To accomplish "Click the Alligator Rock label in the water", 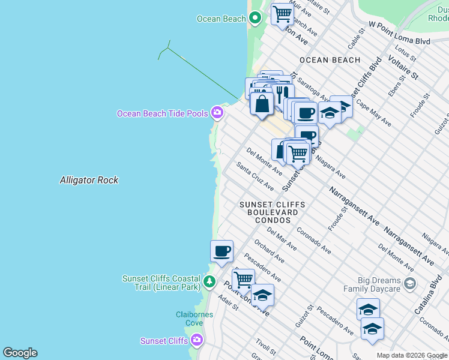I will click(89, 180).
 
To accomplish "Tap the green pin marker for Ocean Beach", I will click(255, 19).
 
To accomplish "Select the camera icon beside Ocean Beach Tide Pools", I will click(217, 113).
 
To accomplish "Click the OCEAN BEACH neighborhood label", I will click(330, 60).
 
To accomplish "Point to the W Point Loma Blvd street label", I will click(399, 41).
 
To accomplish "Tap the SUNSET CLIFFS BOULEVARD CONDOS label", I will click(272, 212).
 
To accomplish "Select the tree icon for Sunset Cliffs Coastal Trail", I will click(209, 281).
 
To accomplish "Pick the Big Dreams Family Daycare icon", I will click(410, 283).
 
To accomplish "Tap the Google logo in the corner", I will click(20, 353).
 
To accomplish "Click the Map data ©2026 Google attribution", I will click(411, 355).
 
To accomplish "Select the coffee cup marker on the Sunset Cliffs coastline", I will click(221, 251).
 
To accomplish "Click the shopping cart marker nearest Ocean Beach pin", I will click(282, 14).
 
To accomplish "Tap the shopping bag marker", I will click(262, 103).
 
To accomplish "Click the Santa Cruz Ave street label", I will click(255, 177).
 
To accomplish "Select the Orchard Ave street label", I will click(269, 252).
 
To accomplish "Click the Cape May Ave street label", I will click(373, 113).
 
